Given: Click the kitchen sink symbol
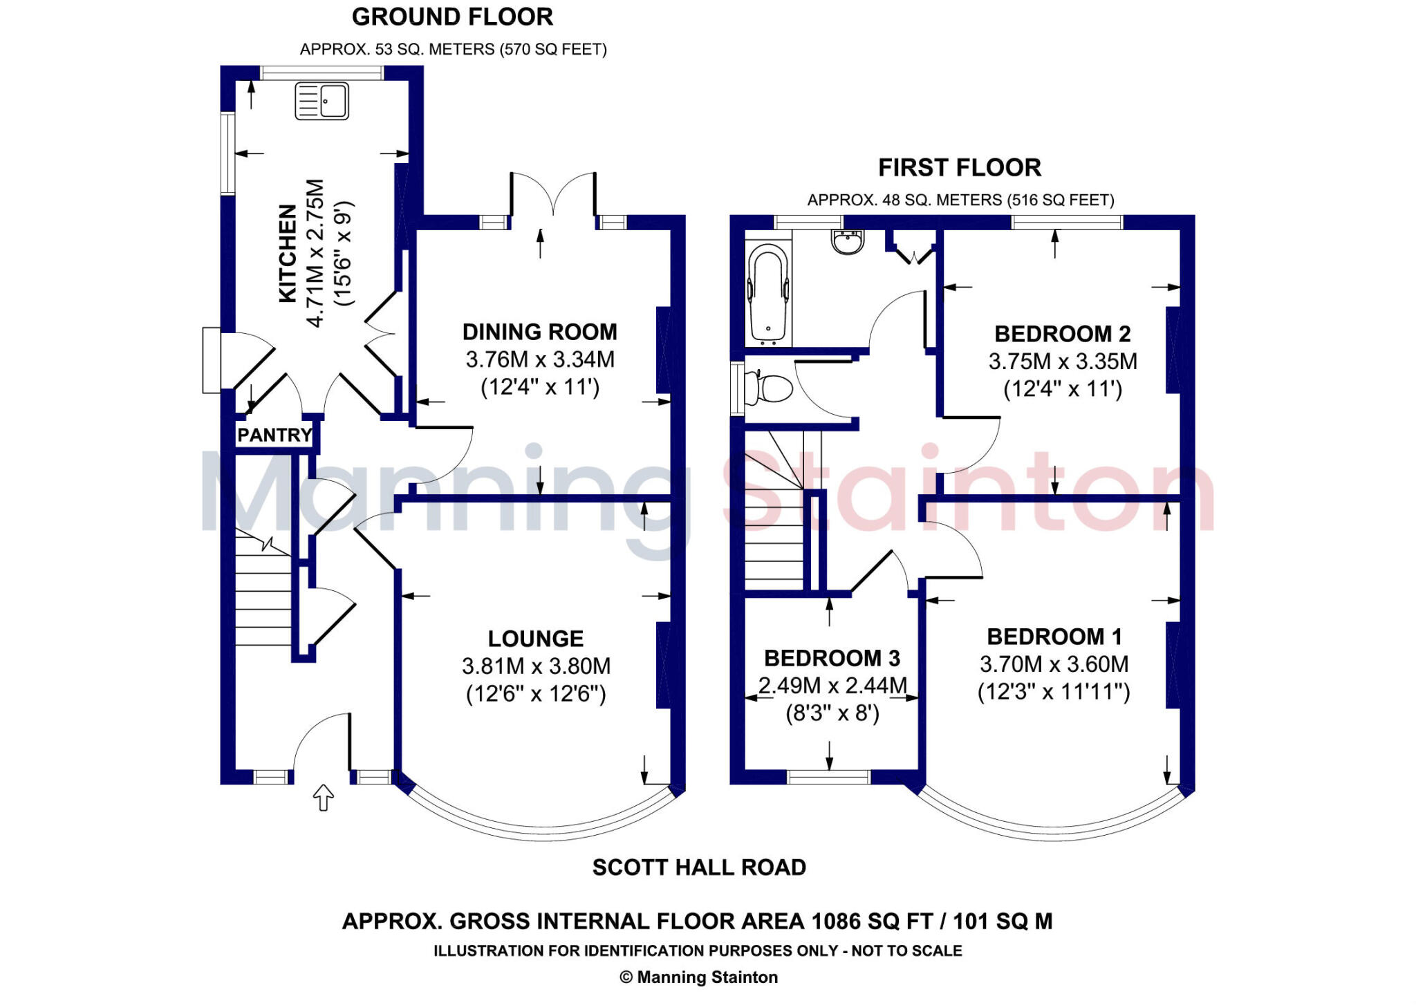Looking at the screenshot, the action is pyautogui.click(x=322, y=101).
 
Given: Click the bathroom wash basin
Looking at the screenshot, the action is pyautogui.click(x=848, y=241).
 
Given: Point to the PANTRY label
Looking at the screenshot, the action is pyautogui.click(x=274, y=435).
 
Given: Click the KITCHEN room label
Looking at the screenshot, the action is pyautogui.click(x=287, y=253).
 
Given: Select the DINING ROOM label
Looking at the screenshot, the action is pyautogui.click(x=540, y=332).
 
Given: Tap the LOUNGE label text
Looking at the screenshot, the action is pyautogui.click(x=536, y=638).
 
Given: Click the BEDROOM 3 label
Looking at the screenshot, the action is pyautogui.click(x=832, y=657).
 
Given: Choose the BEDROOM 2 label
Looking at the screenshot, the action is pyautogui.click(x=1063, y=334).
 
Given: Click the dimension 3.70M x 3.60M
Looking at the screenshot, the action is pyautogui.click(x=1054, y=664).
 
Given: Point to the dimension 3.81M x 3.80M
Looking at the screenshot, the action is pyautogui.click(x=537, y=666).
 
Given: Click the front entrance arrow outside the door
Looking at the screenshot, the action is pyautogui.click(x=324, y=797).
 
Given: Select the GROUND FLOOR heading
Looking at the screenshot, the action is pyautogui.click(x=452, y=17).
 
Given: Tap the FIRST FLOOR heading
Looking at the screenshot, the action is pyautogui.click(x=960, y=167).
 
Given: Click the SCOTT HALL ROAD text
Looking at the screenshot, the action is pyautogui.click(x=699, y=867).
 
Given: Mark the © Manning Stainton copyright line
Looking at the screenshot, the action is pyautogui.click(x=699, y=977).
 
